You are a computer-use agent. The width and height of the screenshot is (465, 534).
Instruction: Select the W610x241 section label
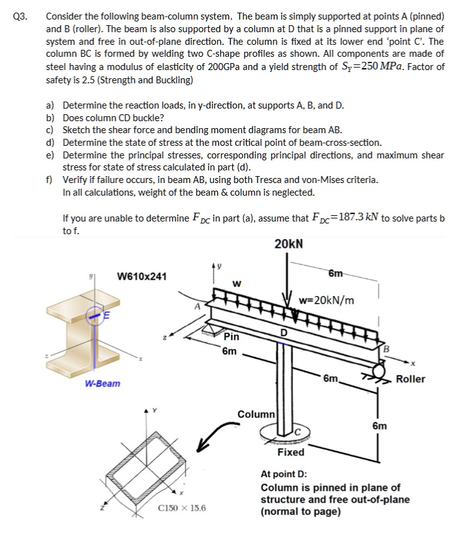click(x=143, y=276)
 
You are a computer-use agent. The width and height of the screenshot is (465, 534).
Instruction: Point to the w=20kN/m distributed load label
click(x=327, y=300)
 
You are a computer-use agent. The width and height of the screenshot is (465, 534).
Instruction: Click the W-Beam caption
click(x=103, y=384)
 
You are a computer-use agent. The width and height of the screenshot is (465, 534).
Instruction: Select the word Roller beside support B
click(x=411, y=379)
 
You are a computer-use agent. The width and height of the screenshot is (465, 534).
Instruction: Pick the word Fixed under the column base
click(x=291, y=453)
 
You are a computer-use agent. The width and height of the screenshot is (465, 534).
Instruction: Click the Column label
click(x=256, y=415)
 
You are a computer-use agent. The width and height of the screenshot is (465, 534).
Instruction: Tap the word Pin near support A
click(x=232, y=337)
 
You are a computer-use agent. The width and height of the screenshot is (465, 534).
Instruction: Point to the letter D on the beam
click(x=284, y=333)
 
